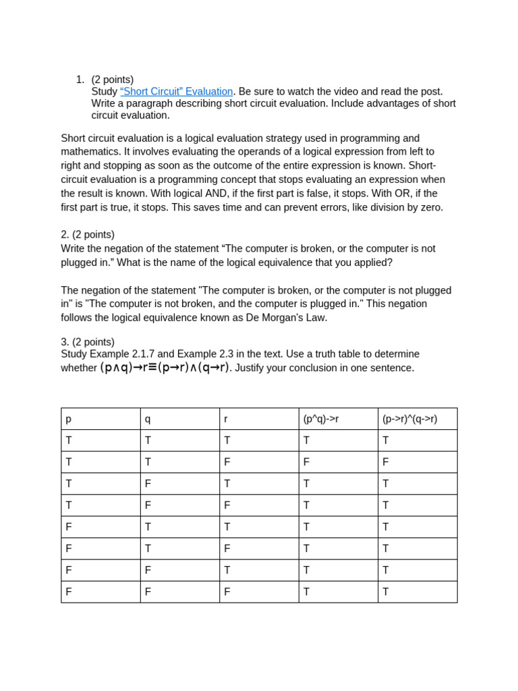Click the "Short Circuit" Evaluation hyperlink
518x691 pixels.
click(176, 92)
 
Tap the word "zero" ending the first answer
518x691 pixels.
click(430, 207)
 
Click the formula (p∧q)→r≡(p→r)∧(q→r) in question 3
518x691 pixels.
click(165, 368)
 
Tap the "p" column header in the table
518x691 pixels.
click(69, 419)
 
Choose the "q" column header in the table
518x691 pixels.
click(148, 419)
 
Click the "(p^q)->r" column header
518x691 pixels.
click(321, 419)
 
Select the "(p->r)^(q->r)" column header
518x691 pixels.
click(410, 419)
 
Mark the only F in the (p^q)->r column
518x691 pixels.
click(306, 462)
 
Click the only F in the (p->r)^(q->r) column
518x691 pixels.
click(385, 462)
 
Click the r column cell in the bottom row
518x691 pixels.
click(227, 592)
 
